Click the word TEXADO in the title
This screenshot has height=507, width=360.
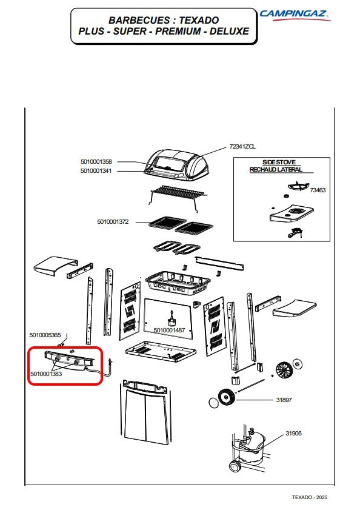point(199,20)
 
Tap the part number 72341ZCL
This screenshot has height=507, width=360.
point(242,147)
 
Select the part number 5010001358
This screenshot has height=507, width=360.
point(96,161)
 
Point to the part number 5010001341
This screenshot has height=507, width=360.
point(96,171)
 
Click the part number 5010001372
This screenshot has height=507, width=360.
point(113,222)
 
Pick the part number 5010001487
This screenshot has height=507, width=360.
point(169,330)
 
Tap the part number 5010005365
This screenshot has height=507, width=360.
point(45,335)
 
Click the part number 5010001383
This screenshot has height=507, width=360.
point(46,374)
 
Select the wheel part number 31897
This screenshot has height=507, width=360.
point(284,400)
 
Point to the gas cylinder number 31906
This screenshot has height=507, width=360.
point(293,433)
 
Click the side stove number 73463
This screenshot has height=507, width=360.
point(318,190)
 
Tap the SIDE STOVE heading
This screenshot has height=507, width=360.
point(279,163)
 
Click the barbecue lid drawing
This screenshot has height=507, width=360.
point(177,164)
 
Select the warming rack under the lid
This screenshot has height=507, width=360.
point(178,197)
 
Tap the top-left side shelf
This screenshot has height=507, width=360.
point(56,266)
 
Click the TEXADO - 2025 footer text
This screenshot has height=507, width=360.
point(310,497)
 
